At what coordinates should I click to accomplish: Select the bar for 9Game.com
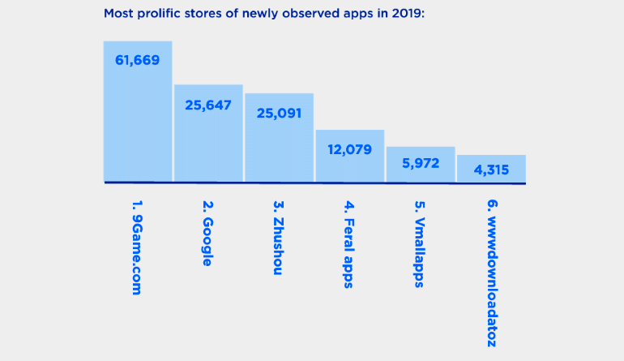pyautogui.click(x=138, y=122)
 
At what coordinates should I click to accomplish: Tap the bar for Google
pyautogui.click(x=208, y=142)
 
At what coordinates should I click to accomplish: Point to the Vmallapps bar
pyautogui.click(x=420, y=170)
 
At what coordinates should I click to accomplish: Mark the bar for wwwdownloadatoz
pyautogui.click(x=491, y=173)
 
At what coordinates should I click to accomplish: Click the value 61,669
pyautogui.click(x=138, y=61)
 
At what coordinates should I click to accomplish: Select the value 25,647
pyautogui.click(x=208, y=105)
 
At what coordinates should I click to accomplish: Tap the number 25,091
pyautogui.click(x=279, y=114)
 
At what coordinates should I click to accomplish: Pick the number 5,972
pyautogui.click(x=420, y=163)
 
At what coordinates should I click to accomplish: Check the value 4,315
pyautogui.click(x=491, y=170)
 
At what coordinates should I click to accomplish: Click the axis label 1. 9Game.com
pyautogui.click(x=137, y=247)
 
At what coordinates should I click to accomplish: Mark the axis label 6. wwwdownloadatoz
pyautogui.click(x=490, y=271)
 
